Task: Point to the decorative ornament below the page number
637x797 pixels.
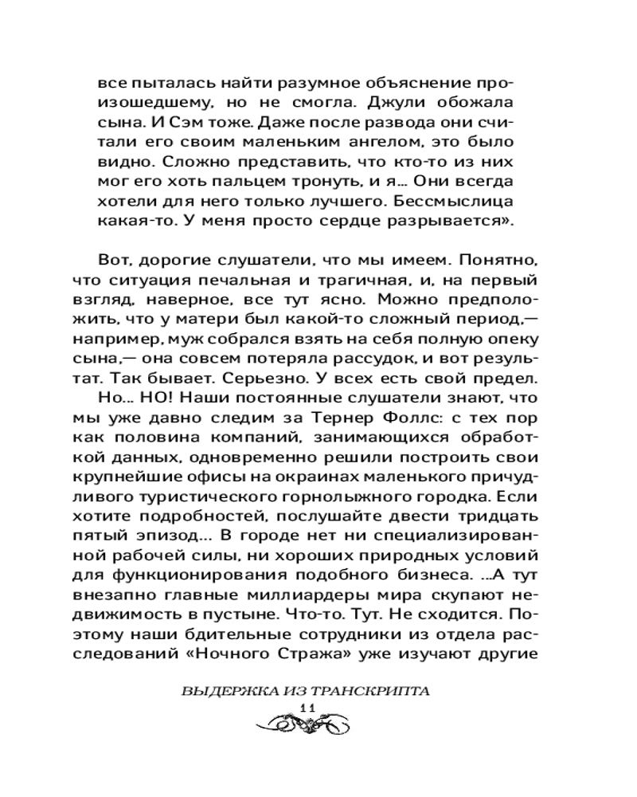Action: [x=307, y=725]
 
